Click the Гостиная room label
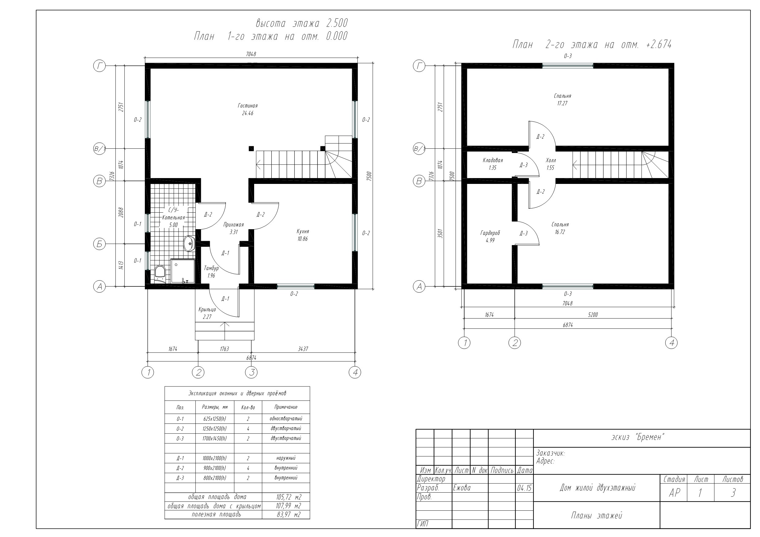pos(248,106)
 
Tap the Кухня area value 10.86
pos(303,239)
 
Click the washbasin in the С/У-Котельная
pos(189,244)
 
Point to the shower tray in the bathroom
pos(182,271)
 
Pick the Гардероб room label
pos(490,233)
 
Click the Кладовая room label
pos(493,160)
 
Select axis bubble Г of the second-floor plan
pos(419,66)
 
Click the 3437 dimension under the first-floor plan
pos(303,349)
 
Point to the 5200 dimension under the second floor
pos(593,315)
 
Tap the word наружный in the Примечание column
pos(286,458)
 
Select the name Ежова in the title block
pos(462,488)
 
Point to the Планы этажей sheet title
pos(596,516)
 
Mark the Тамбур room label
pos(211,268)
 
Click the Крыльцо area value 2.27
pos(207,317)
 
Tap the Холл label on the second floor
pos(551,160)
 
